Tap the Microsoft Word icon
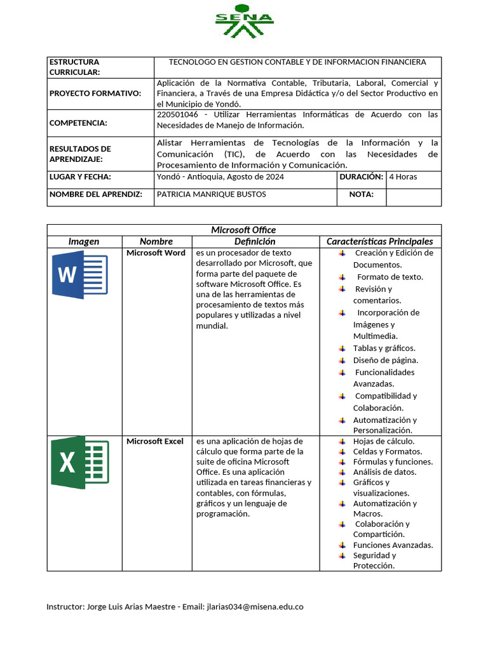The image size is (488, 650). (x=79, y=275)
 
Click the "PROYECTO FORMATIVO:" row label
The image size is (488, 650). (x=95, y=93)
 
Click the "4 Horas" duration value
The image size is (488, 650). (x=403, y=176)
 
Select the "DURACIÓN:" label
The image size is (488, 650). (x=361, y=176)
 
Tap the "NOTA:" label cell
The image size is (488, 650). (x=361, y=194)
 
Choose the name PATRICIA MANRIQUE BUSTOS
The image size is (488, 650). (x=211, y=194)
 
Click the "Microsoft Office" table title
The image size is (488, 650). (x=243, y=230)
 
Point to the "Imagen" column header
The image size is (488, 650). (x=84, y=241)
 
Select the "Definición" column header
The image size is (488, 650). (x=254, y=241)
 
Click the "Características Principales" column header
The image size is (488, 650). (x=379, y=241)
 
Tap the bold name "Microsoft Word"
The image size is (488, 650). (x=156, y=253)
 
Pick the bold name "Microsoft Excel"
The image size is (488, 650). (x=155, y=441)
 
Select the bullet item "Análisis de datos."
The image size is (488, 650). (x=384, y=472)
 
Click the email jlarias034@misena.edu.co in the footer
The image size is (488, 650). (x=255, y=606)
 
